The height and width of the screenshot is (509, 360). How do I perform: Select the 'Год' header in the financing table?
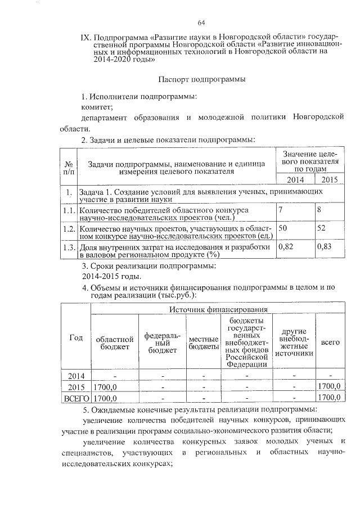click(76, 337)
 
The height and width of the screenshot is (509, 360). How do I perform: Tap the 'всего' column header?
click(330, 341)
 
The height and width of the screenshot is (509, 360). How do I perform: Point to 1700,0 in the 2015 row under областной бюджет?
click(105, 387)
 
